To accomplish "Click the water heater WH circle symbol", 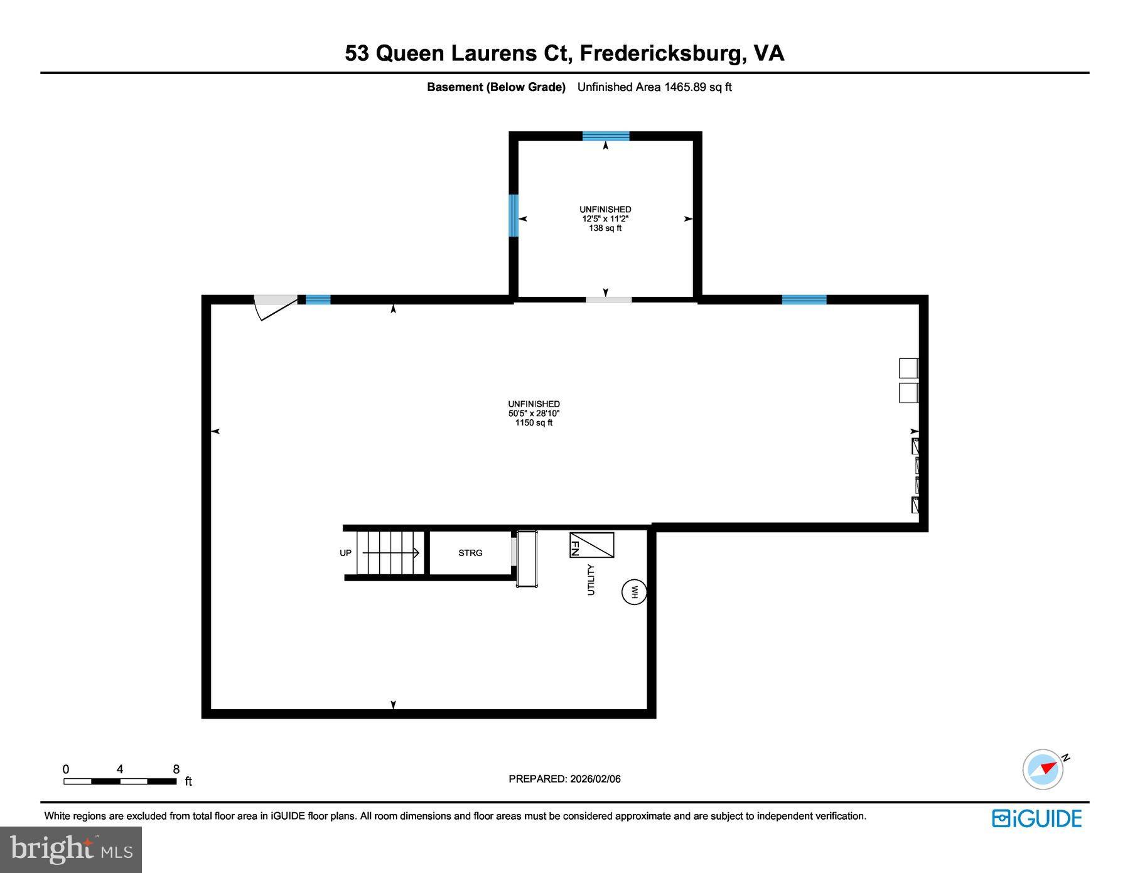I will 633,592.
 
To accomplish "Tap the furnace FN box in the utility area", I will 591,545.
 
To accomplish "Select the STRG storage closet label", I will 470,553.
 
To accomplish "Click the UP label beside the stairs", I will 345,553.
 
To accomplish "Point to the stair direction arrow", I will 390,553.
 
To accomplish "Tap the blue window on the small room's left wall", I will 513,215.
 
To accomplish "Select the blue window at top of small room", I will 605,136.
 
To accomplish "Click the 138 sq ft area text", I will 605,228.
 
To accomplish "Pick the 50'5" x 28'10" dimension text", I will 534,414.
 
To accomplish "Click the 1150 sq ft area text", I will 534,423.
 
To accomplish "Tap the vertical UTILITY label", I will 590,579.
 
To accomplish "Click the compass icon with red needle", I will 1043,769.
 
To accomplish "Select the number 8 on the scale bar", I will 176,769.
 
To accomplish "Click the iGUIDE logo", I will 1036,818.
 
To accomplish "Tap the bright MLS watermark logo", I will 70,849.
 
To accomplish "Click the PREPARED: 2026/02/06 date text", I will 564,779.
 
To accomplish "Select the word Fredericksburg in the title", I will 661,53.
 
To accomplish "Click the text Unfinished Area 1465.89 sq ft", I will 654,87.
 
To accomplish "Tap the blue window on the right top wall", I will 804,299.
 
